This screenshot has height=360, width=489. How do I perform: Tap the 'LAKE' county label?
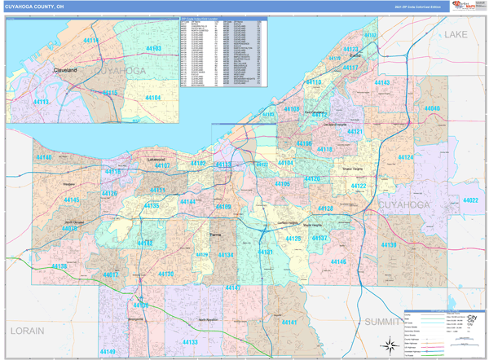[x=456, y=34]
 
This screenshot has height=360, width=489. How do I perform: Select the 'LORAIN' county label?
[x=26, y=331]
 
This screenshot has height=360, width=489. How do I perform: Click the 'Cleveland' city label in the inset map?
[x=65, y=71]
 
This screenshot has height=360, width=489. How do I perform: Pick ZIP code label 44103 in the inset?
[x=153, y=49]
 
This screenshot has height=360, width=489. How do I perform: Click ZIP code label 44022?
[x=472, y=200]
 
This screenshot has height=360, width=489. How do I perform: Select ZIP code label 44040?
[x=432, y=108]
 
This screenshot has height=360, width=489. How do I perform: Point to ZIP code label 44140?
[x=43, y=157]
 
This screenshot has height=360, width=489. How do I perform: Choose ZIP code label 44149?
[x=108, y=351]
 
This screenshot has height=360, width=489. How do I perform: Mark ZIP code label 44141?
[x=289, y=323]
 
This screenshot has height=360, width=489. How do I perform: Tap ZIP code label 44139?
[x=389, y=245]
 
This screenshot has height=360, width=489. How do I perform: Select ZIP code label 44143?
[x=382, y=83]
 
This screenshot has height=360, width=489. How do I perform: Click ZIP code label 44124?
[x=405, y=156]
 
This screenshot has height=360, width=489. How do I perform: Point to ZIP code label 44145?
[x=72, y=200]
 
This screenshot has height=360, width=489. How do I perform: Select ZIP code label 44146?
[x=338, y=261]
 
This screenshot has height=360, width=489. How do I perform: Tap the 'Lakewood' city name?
[x=155, y=160]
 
